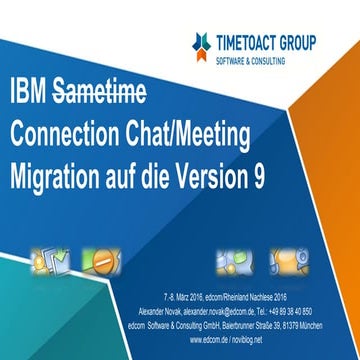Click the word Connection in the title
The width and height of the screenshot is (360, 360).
70,134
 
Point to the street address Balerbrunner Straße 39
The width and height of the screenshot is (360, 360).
264,322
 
